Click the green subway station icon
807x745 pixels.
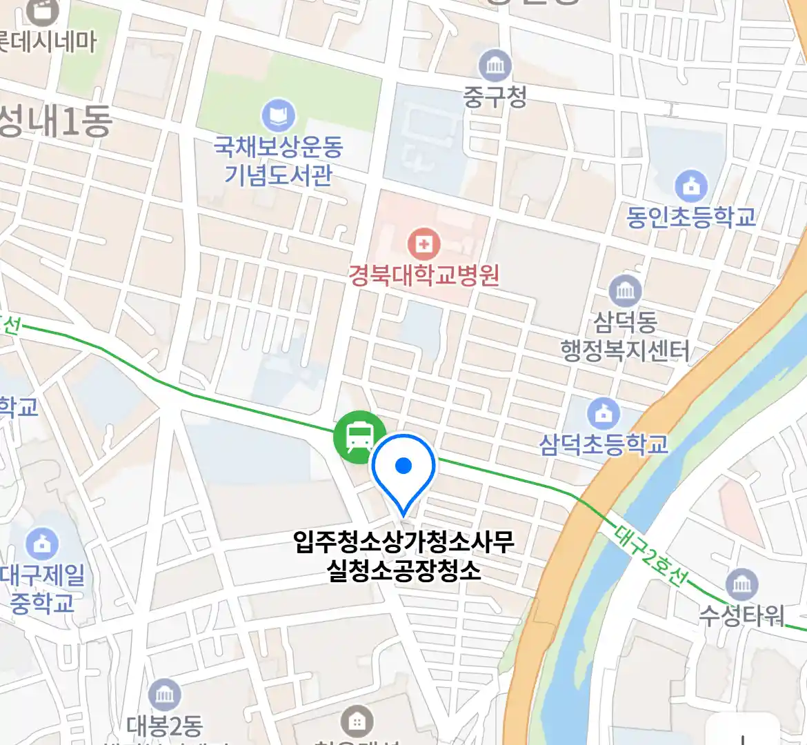coord(359,437)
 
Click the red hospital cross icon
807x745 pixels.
coord(424,244)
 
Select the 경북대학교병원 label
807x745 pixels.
coord(424,276)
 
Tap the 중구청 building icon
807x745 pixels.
coord(495,67)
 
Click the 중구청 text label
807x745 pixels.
coord(495,97)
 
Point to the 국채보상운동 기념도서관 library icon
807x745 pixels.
coord(278,116)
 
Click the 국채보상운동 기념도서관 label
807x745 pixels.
coord(278,161)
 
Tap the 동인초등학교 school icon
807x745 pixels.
coord(690,186)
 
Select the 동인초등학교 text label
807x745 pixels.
coord(690,217)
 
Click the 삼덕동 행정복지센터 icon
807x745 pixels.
coord(625,291)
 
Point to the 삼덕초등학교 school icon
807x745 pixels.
coord(604,414)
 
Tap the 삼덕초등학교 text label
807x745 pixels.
coord(604,444)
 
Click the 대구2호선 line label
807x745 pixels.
coord(649,555)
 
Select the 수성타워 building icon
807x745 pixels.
coord(741,586)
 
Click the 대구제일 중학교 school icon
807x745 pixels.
coord(41,544)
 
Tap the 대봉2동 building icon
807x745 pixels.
coord(164,695)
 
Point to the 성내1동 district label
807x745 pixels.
coord(55,122)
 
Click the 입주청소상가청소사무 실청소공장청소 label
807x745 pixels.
coord(403,556)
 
